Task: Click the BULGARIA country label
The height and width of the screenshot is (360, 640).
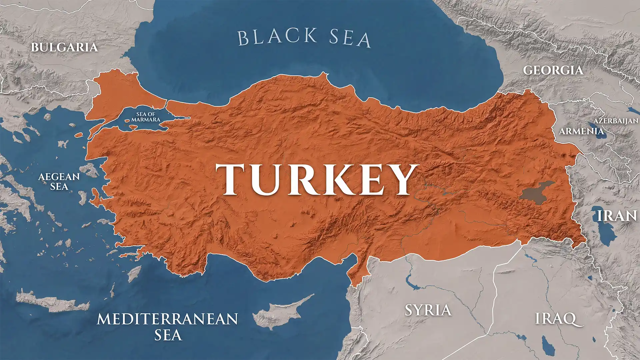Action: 64,47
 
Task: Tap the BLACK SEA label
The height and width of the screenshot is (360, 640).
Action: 304,37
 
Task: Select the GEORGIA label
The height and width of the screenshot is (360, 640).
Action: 553,70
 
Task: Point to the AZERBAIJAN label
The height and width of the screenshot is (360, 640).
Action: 616,121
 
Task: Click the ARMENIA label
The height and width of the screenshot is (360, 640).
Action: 581,131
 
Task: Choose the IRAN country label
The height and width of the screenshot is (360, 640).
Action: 617,216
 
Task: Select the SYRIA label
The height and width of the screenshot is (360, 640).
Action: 428,310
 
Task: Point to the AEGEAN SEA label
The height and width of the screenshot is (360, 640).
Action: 59,181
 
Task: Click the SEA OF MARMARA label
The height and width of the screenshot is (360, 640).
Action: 146,117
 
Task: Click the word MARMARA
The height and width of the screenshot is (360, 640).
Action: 146,119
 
